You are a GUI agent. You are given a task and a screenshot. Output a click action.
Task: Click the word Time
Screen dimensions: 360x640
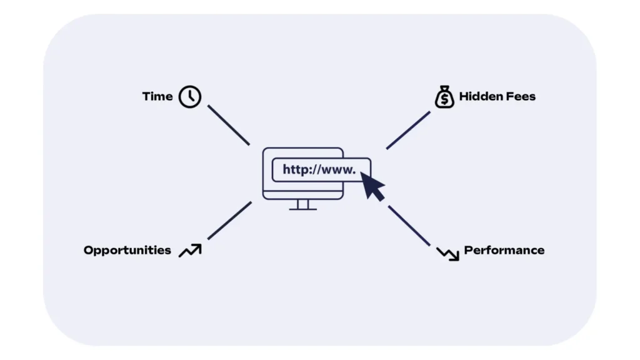click(x=157, y=96)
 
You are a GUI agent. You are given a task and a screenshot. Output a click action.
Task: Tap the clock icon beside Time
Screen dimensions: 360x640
click(x=190, y=97)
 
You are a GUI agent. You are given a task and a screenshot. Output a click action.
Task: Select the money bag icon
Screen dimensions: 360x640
click(x=444, y=97)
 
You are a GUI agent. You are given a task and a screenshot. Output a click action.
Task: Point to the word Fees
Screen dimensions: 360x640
click(x=521, y=96)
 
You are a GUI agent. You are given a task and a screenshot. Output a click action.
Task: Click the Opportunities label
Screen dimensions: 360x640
click(x=127, y=250)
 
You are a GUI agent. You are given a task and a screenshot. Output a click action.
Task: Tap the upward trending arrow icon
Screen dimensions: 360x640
click(x=190, y=250)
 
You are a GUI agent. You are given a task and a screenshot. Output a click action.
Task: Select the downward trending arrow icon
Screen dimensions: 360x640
click(x=447, y=252)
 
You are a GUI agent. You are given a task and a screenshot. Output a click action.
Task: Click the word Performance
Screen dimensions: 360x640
click(x=504, y=250)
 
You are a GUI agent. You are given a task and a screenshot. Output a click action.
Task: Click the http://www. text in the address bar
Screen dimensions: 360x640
click(x=319, y=169)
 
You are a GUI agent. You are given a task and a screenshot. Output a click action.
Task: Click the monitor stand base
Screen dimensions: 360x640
click(x=303, y=209)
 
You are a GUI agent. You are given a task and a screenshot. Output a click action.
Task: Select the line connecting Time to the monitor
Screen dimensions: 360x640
click(x=228, y=125)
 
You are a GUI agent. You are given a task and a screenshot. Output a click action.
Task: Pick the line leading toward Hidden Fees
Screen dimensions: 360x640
click(x=408, y=130)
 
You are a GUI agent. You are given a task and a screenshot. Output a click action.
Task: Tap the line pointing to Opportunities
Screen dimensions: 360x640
click(x=229, y=220)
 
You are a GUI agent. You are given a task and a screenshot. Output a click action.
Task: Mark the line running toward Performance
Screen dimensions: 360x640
click(x=409, y=226)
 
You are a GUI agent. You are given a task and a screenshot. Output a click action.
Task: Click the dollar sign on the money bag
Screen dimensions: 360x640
click(x=444, y=99)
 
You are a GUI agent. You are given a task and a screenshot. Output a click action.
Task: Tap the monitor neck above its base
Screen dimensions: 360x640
click(x=303, y=204)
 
